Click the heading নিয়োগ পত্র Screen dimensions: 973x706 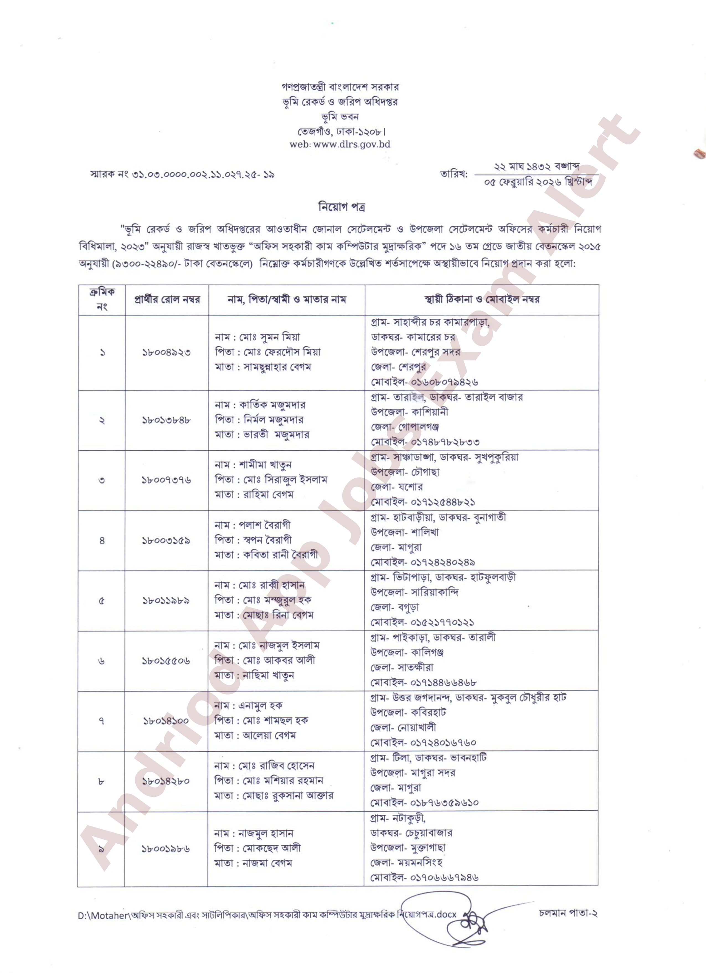(x=341, y=207)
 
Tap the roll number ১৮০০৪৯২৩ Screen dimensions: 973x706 (x=166, y=353)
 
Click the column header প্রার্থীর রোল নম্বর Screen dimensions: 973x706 (x=167, y=299)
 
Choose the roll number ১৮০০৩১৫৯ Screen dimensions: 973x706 (x=166, y=541)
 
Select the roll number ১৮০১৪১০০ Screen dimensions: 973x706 (x=166, y=721)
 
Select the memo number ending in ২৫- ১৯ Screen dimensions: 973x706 (x=182, y=174)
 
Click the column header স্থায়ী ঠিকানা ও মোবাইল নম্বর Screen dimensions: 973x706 (x=482, y=299)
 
